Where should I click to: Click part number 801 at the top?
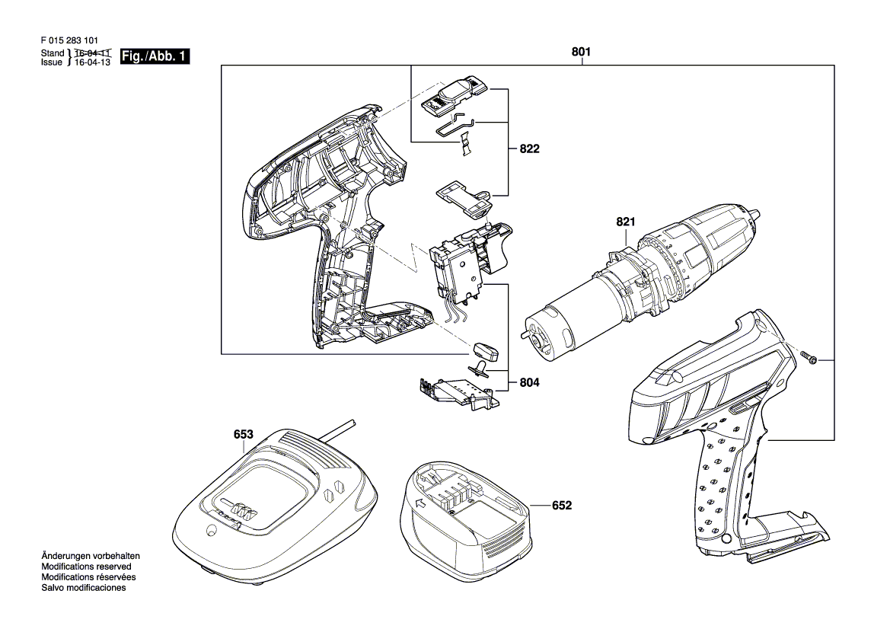pyautogui.click(x=581, y=52)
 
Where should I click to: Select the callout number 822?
pyautogui.click(x=529, y=148)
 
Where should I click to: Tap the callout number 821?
pyautogui.click(x=626, y=222)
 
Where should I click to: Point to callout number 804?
pyautogui.click(x=529, y=382)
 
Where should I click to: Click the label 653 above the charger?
pyautogui.click(x=243, y=434)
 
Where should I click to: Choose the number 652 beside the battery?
pyautogui.click(x=561, y=505)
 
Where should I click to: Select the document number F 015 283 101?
pyautogui.click(x=69, y=41)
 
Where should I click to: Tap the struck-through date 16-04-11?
pyautogui.click(x=93, y=53)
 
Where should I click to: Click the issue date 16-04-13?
pyautogui.click(x=93, y=62)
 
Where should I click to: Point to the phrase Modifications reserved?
pyautogui.click(x=86, y=567)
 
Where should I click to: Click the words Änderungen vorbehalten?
pyautogui.click(x=91, y=557)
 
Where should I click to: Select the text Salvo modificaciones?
pyautogui.click(x=84, y=588)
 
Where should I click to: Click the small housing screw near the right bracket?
pyautogui.click(x=809, y=358)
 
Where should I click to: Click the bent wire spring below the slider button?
pyautogui.click(x=455, y=125)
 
